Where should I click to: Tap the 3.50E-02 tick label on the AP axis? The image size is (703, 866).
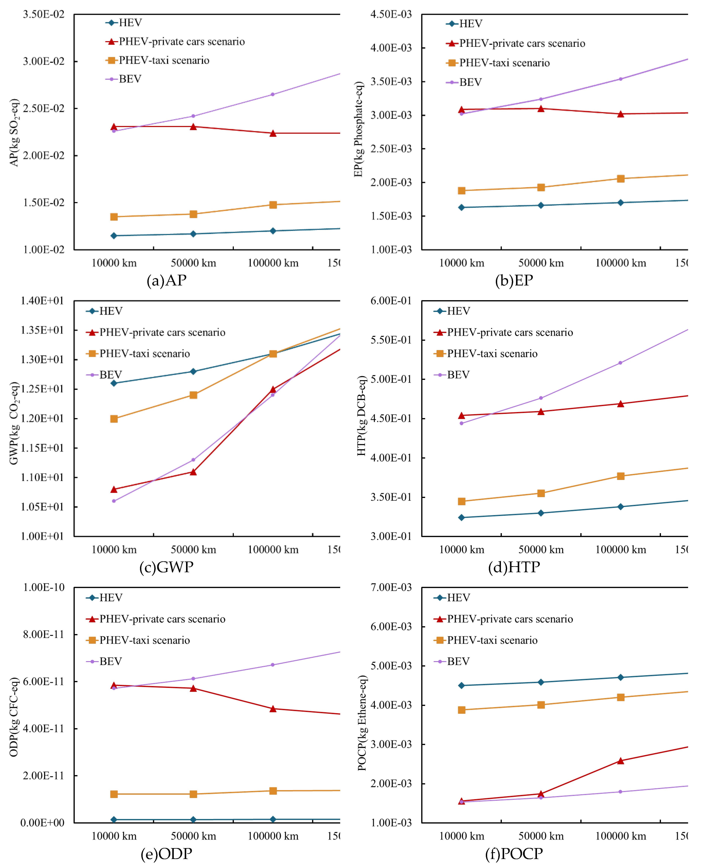click(43, 15)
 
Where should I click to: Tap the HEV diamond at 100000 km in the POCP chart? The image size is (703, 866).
click(620, 677)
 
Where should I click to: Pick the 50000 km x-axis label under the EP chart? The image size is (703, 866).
click(541, 263)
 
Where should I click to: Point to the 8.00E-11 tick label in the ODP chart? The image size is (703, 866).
click(43, 635)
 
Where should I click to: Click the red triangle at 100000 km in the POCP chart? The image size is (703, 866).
click(620, 761)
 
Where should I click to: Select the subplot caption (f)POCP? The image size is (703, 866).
click(514, 853)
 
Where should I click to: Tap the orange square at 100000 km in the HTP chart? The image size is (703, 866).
click(620, 476)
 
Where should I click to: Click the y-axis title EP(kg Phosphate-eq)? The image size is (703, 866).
click(358, 129)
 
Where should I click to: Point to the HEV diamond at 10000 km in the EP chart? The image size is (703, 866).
click(461, 207)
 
